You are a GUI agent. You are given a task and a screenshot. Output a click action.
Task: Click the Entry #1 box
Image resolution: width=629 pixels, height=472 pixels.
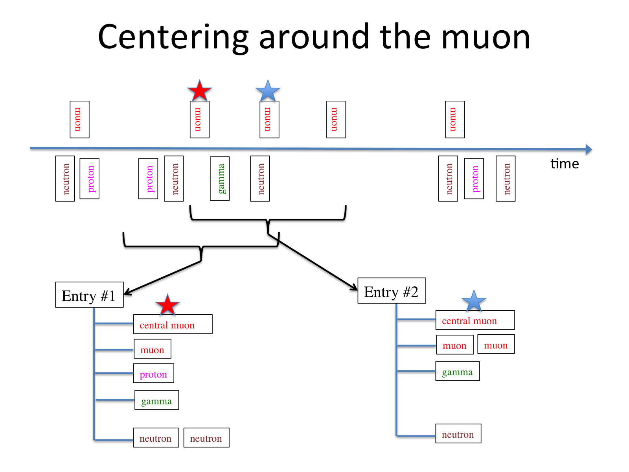pyautogui.click(x=89, y=295)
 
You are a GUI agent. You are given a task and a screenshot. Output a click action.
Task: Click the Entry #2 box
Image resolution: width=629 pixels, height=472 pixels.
pyautogui.click(x=392, y=291)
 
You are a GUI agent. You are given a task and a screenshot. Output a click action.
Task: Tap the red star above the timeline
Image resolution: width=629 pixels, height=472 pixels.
pyautogui.click(x=200, y=91)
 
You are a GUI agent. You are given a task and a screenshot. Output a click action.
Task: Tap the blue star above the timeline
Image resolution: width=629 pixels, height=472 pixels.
pyautogui.click(x=268, y=91)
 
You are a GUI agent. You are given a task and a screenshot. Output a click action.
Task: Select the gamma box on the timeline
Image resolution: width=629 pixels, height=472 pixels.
pyautogui.click(x=220, y=179)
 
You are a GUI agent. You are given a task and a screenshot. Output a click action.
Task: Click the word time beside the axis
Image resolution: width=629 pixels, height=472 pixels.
pyautogui.click(x=565, y=164)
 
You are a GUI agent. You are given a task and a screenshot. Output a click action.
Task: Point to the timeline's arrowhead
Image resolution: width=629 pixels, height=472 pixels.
pyautogui.click(x=589, y=149)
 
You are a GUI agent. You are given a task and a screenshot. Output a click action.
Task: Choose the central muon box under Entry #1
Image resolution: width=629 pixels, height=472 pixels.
pyautogui.click(x=173, y=324)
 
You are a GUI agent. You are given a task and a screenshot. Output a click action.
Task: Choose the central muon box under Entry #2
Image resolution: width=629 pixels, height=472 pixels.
pyautogui.click(x=475, y=320)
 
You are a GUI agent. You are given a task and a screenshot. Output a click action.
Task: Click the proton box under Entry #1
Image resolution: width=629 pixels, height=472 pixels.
pyautogui.click(x=153, y=374)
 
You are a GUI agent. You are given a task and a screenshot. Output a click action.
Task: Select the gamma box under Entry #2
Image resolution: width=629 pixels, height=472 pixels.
pyautogui.click(x=457, y=371)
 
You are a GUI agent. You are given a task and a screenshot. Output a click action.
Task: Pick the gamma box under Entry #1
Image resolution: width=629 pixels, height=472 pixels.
pyautogui.click(x=156, y=400)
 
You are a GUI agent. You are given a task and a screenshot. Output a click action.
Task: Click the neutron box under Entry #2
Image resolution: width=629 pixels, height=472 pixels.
pyautogui.click(x=458, y=434)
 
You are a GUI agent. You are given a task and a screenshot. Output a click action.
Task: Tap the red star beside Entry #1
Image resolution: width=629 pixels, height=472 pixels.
pyautogui.click(x=167, y=305)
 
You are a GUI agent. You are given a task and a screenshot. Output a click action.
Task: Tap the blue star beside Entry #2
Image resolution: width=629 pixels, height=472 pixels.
pyautogui.click(x=474, y=301)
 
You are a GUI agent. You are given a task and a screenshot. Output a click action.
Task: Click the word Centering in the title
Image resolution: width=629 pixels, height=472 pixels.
pyautogui.click(x=173, y=37)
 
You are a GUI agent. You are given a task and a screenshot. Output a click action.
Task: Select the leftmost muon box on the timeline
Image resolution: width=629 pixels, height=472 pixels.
pyautogui.click(x=79, y=120)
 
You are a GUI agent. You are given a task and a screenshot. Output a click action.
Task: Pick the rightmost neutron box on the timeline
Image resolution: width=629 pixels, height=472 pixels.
pyautogui.click(x=506, y=179)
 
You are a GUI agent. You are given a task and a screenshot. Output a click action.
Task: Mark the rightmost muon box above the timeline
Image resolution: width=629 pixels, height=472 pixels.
pyautogui.click(x=455, y=120)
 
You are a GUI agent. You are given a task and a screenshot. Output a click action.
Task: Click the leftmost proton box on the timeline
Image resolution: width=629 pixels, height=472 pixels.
pyautogui.click(x=89, y=179)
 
